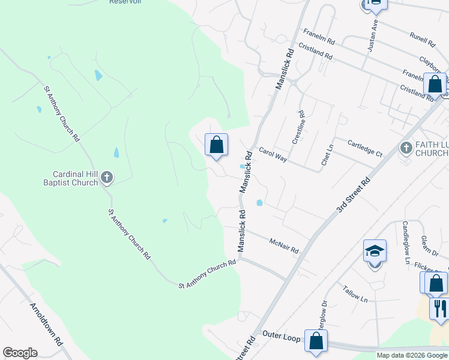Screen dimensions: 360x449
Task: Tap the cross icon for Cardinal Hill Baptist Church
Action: tap(107, 177)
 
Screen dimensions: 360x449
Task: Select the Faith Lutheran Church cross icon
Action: tap(406, 148)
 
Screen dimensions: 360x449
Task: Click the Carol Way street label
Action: tap(273, 154)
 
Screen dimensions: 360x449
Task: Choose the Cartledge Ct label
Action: tap(365, 148)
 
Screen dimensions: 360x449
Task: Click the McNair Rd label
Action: tap(284, 245)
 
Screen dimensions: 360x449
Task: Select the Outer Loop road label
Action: tap(280, 338)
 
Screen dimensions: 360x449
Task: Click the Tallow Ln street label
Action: tap(356, 293)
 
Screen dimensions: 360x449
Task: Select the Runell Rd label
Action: tap(422, 40)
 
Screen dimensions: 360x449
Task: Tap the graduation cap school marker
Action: tap(375, 252)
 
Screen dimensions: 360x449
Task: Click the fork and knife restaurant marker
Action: tap(440, 309)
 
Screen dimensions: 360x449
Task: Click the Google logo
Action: tap(20, 353)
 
